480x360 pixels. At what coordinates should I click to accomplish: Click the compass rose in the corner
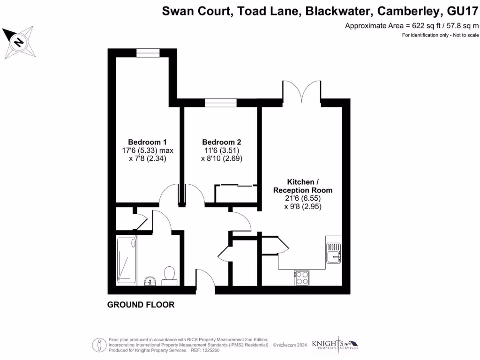pos(19,42)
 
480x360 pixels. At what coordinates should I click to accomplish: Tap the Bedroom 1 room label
pos(148,142)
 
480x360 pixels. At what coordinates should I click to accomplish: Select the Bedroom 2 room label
pos(222,142)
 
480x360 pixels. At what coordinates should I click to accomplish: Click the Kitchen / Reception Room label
pos(303,186)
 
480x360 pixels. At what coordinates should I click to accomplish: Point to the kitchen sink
pos(334,250)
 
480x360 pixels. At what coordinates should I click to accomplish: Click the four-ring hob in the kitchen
pos(301,277)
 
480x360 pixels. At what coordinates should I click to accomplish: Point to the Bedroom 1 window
pos(145,52)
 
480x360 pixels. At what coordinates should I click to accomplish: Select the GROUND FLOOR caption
pos(141,305)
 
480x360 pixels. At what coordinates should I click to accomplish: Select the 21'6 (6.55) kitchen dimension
pos(303,198)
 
